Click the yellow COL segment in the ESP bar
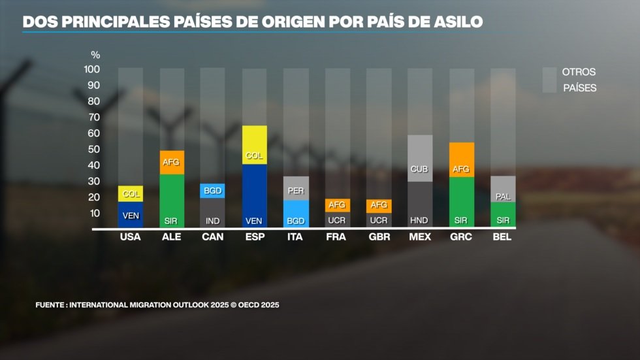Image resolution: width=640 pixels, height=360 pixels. pyautogui.click(x=254, y=144)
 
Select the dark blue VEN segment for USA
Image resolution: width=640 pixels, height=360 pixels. pyautogui.click(x=130, y=214)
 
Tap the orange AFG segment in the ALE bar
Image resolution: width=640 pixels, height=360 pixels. pyautogui.click(x=172, y=162)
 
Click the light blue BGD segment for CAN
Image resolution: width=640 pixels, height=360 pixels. pyautogui.click(x=213, y=190)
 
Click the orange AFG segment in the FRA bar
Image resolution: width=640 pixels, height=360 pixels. pyautogui.click(x=337, y=205)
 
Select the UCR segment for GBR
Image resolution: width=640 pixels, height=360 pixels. pyautogui.click(x=379, y=220)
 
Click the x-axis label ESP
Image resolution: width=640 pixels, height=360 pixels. pyautogui.click(x=254, y=237)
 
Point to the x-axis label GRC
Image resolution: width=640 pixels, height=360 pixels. pyautogui.click(x=461, y=237)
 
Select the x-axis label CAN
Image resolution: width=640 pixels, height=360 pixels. pyautogui.click(x=213, y=237)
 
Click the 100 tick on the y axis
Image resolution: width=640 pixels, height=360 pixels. pyautogui.click(x=91, y=69)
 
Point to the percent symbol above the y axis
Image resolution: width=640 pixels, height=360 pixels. pyautogui.click(x=95, y=55)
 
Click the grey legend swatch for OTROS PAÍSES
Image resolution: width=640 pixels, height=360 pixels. pyautogui.click(x=549, y=79)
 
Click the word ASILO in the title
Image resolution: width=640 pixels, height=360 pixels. pyautogui.click(x=456, y=22)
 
